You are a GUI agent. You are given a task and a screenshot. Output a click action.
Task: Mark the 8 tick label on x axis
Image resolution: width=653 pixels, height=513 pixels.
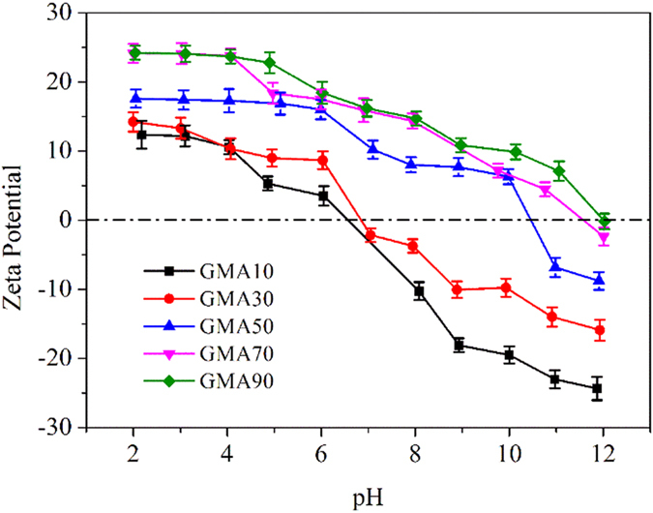416,452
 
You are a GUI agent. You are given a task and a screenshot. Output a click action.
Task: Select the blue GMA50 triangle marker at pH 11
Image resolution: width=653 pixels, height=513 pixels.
555,265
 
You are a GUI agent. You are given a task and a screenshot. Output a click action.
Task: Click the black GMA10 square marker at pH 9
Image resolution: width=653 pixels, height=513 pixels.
460,345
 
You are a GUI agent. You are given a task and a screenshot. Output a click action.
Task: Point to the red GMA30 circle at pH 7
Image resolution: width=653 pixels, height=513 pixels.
370,235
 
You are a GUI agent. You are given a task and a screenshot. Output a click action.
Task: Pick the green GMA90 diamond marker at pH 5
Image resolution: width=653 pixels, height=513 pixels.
270,63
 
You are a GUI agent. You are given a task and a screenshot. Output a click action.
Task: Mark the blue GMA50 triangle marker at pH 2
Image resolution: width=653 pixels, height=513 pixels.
136,98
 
